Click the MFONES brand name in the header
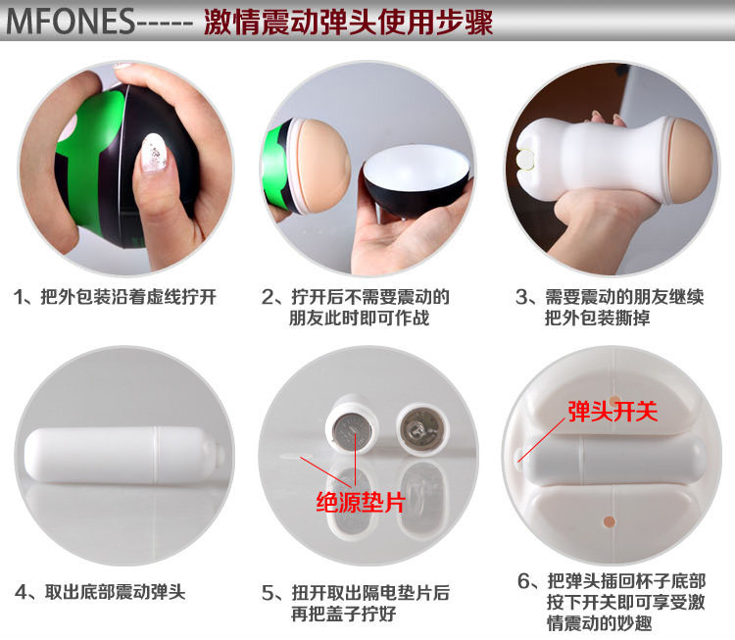71,22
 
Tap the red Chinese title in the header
348,22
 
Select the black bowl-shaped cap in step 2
416,179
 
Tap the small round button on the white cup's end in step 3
524,158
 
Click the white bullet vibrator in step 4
122,456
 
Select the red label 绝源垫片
360,503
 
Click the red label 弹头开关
612,412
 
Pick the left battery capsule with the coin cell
352,424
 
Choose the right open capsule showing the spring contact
422,430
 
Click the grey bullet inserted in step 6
613,460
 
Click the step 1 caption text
116,297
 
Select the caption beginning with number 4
100,592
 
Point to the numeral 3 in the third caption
521,297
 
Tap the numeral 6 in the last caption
524,581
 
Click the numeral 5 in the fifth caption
268,594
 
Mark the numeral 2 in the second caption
268,297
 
